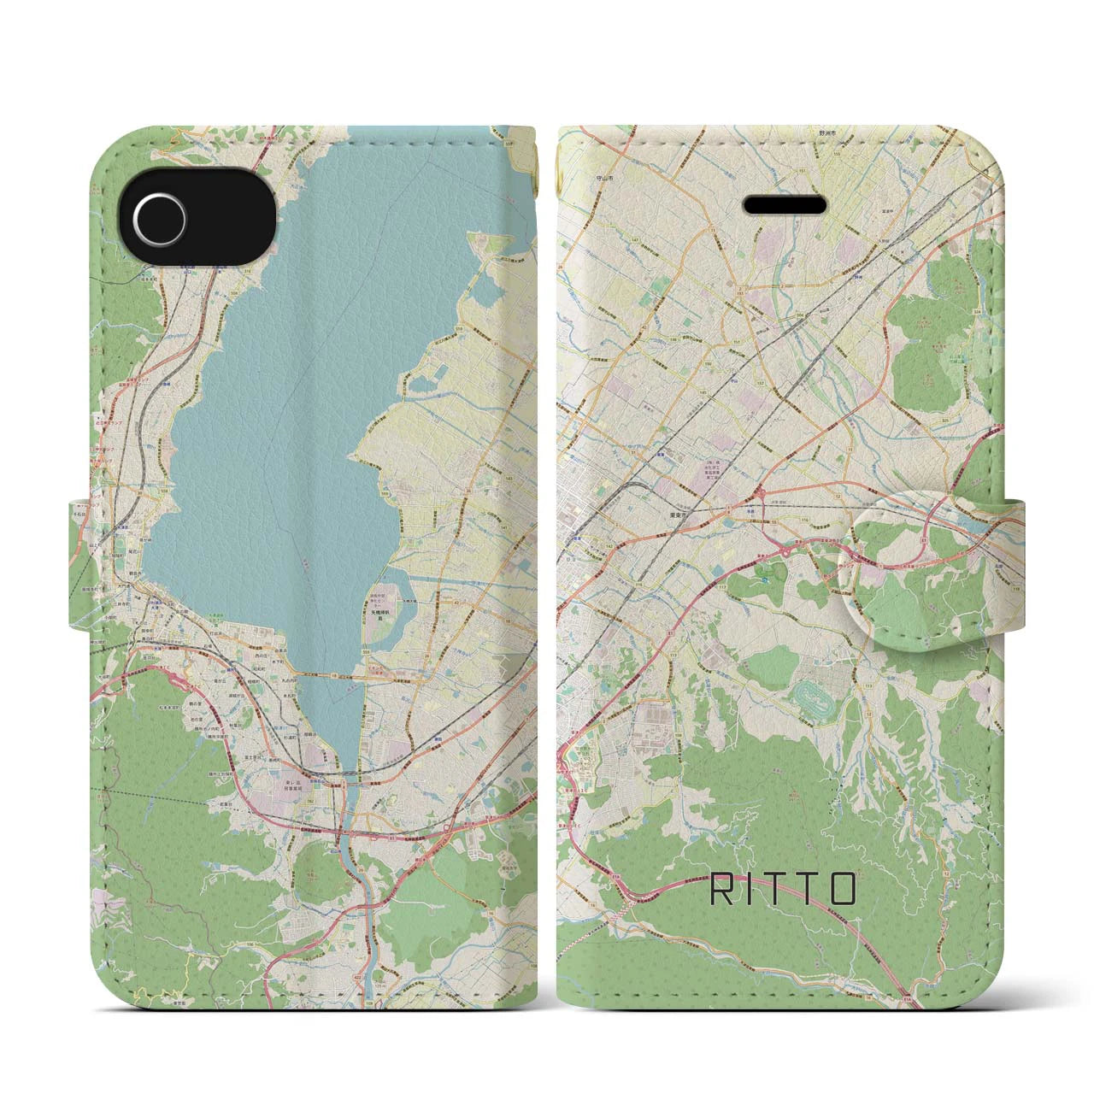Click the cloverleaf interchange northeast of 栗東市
click(x=759, y=493)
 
